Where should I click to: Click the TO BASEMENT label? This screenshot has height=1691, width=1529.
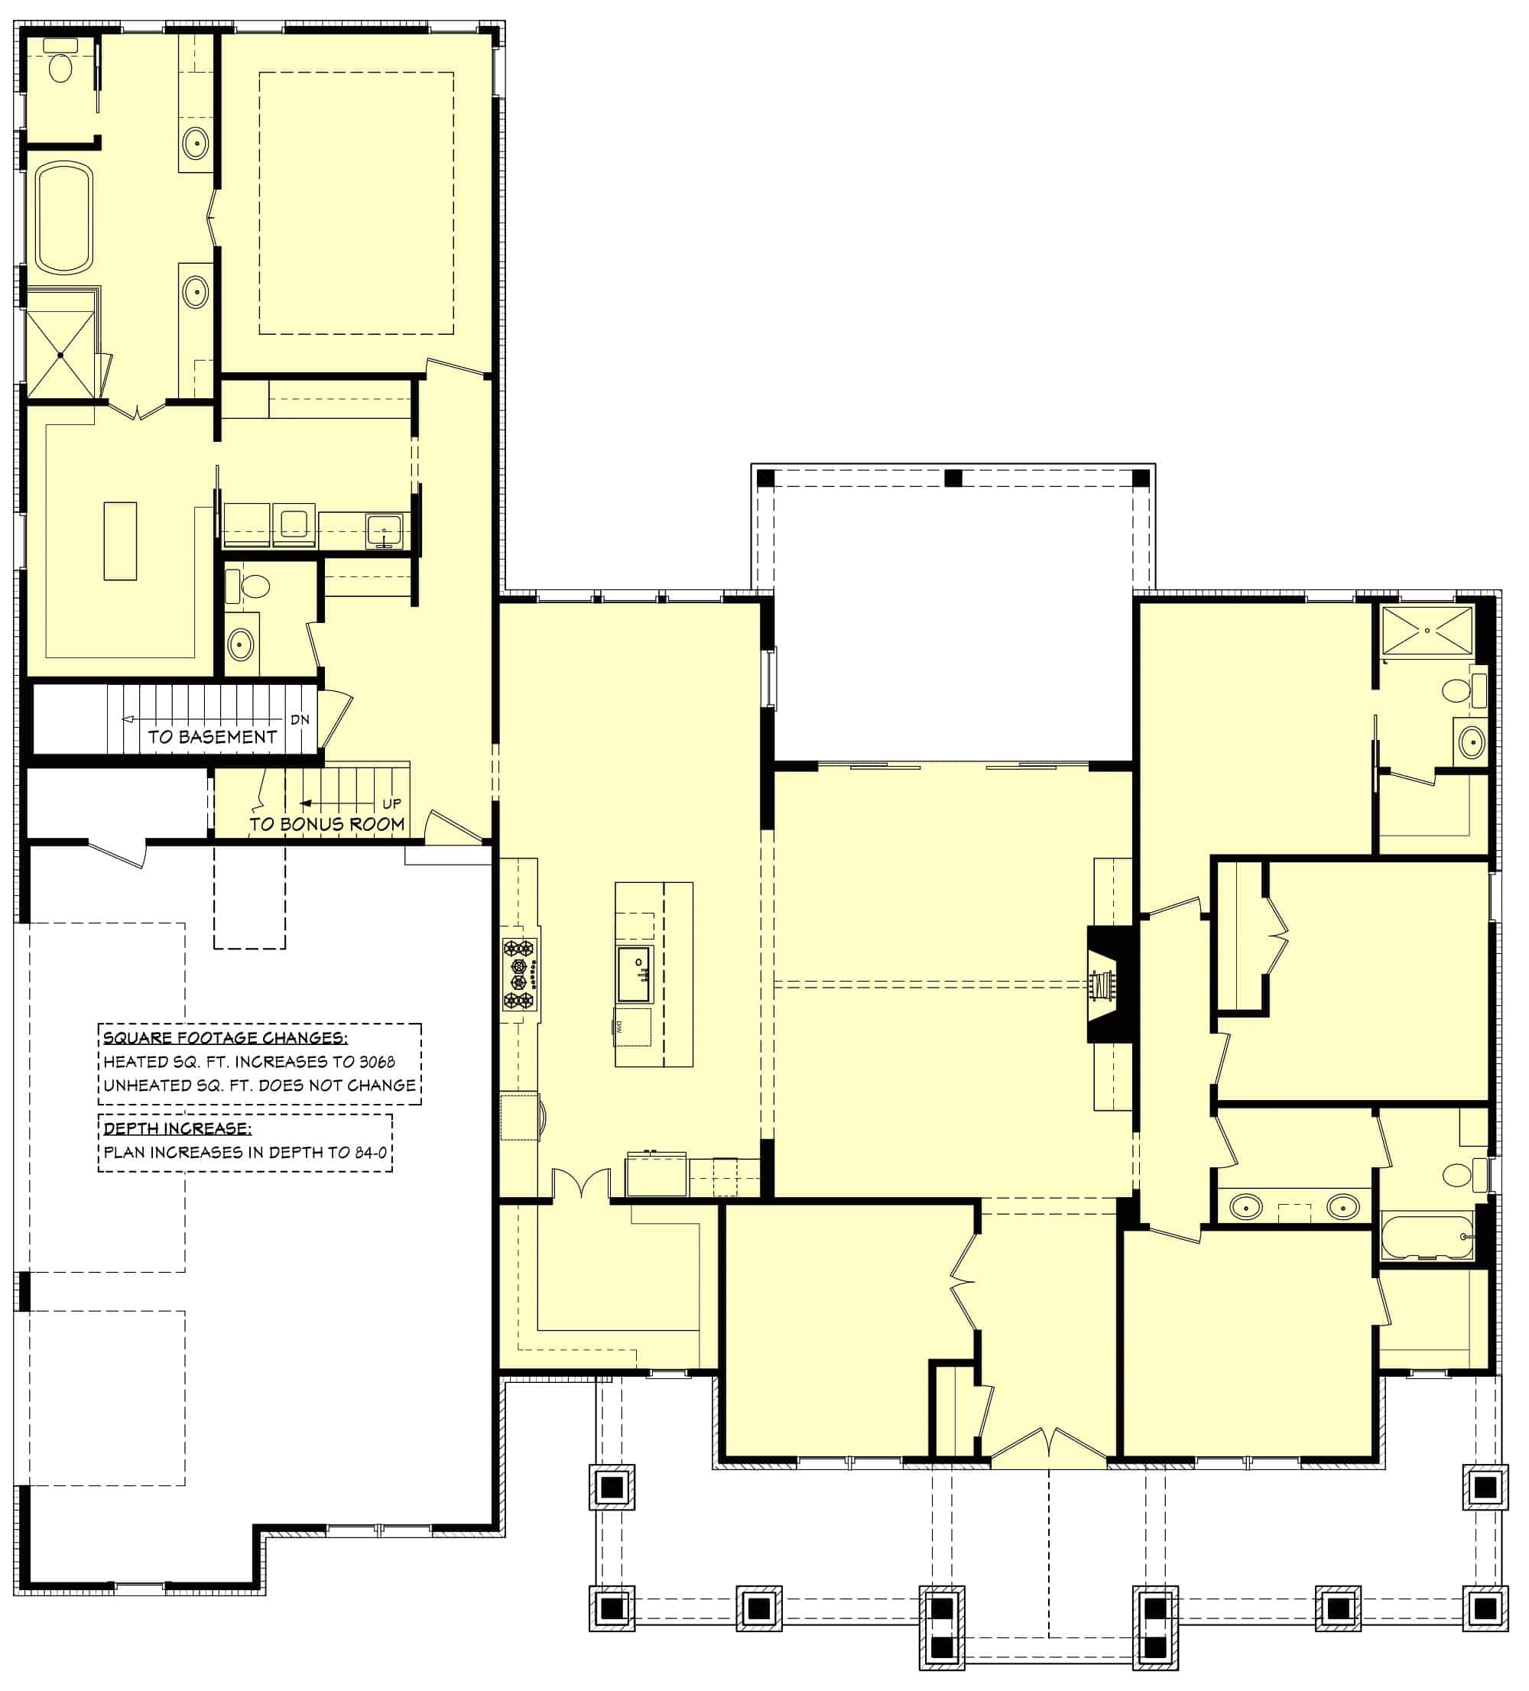[x=213, y=737]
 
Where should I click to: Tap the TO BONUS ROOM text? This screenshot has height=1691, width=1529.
[x=327, y=825]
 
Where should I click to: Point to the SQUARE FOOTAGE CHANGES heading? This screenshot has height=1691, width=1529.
[x=225, y=1038]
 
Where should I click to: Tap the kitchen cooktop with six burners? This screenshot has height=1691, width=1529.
[x=518, y=975]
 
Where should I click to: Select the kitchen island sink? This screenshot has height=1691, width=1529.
[x=635, y=974]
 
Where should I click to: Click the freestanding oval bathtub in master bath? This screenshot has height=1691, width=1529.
[x=63, y=218]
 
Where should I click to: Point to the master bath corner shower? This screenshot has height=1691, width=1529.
[x=61, y=354]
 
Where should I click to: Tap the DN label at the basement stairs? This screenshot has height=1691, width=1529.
[x=300, y=719]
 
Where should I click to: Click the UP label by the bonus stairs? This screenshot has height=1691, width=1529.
[x=391, y=803]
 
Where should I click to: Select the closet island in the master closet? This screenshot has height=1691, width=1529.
[x=120, y=541]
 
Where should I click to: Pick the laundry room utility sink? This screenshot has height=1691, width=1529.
[x=384, y=530]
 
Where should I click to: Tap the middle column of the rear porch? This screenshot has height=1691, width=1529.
[x=953, y=478]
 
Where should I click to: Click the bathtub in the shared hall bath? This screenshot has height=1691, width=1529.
[x=1426, y=1236]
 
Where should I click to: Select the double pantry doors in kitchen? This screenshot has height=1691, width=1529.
[x=580, y=1183]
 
